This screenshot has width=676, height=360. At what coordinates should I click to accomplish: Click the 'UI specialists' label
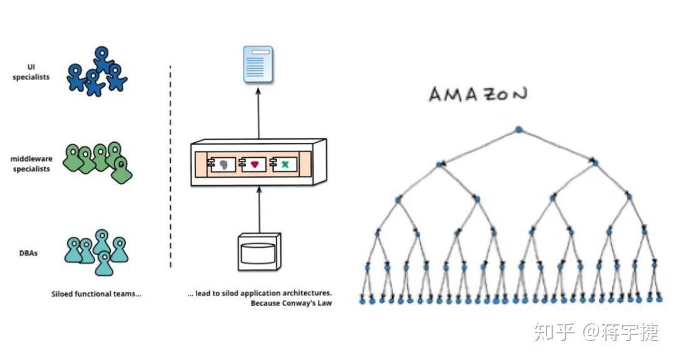coord(31,72)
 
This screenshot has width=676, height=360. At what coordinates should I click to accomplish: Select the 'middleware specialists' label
coord(31,164)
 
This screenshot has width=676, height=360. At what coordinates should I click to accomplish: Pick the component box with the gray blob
coord(220,164)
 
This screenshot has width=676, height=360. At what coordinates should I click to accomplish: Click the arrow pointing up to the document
coord(259,113)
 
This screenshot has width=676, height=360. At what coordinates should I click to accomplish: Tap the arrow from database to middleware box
coord(259,210)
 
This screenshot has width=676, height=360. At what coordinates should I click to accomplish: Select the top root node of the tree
coord(518,130)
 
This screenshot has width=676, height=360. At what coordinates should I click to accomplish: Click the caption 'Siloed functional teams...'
coord(96,293)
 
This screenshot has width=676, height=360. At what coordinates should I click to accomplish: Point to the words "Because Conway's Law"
coord(291,304)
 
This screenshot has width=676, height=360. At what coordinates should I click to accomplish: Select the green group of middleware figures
coord(100,161)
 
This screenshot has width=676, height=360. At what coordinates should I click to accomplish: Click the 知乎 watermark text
coord(554,331)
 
